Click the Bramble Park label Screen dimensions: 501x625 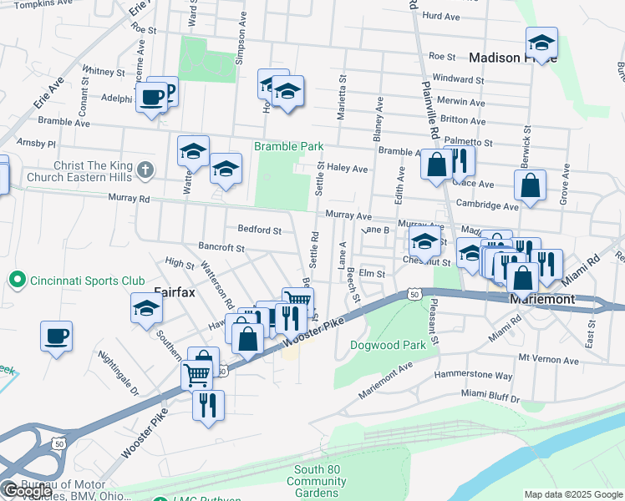(289, 146)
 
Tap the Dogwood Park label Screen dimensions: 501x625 (388, 344)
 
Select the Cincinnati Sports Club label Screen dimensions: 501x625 (88, 280)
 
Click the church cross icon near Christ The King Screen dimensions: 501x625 (145, 170)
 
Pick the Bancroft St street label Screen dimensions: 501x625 (221, 248)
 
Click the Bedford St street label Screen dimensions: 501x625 (259, 230)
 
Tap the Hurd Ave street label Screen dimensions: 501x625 (442, 16)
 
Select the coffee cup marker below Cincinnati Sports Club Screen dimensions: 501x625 (56, 337)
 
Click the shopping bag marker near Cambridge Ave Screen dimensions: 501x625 (531, 187)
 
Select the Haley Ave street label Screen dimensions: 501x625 (348, 169)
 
